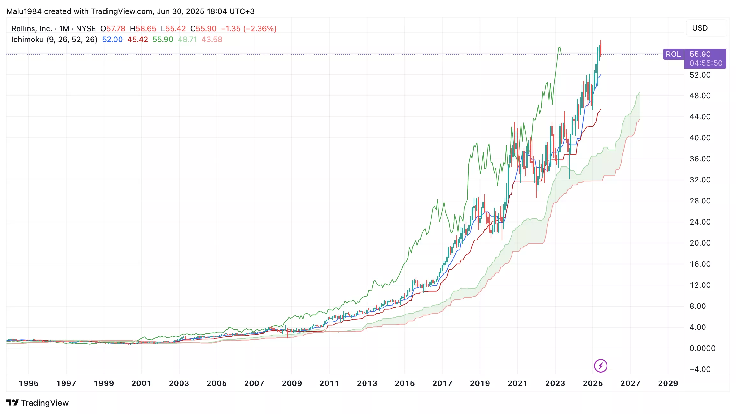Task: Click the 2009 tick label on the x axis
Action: click(x=292, y=383)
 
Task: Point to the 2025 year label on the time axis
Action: click(x=593, y=383)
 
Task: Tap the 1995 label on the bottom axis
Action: click(x=29, y=383)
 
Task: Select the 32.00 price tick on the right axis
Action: click(x=700, y=180)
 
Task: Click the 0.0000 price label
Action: click(x=702, y=348)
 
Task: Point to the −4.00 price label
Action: click(x=700, y=369)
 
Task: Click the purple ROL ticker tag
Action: click(x=673, y=54)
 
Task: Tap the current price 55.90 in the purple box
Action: click(x=700, y=54)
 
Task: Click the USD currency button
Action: click(x=700, y=28)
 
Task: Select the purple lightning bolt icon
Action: click(x=600, y=366)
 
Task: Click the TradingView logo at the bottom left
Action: click(x=38, y=403)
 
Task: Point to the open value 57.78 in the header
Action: click(x=116, y=29)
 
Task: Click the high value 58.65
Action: click(x=146, y=29)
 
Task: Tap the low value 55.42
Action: click(x=175, y=29)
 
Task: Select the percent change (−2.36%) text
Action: click(x=260, y=29)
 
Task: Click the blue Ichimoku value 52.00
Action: click(x=112, y=40)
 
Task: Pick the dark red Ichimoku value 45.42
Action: click(x=137, y=40)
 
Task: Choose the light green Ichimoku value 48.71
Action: click(x=187, y=40)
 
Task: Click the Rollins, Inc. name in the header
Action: click(x=32, y=29)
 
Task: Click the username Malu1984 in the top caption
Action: click(x=24, y=11)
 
